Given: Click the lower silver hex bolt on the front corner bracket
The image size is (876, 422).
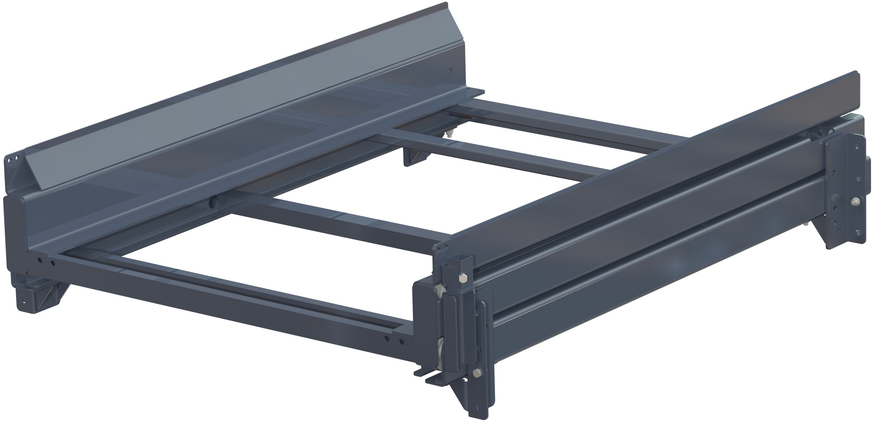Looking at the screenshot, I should click(x=477, y=373).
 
